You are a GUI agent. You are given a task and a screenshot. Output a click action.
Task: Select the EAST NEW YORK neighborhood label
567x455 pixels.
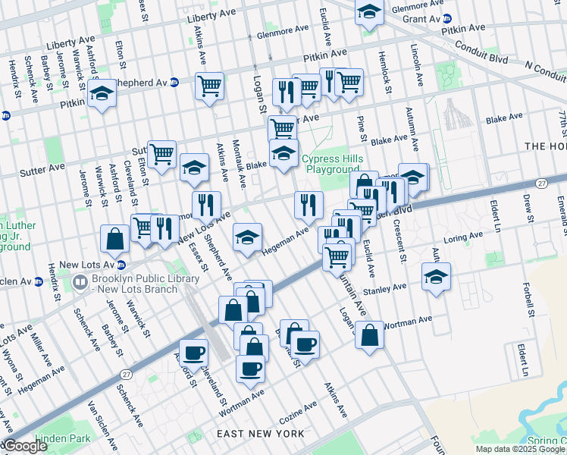tap(260, 434)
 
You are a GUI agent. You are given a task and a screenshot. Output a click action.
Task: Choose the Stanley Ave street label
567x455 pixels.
tap(384, 287)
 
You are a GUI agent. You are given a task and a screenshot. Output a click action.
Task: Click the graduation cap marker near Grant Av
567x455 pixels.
tap(369, 12)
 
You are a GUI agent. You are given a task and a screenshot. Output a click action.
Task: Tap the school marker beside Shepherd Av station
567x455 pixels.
tap(102, 94)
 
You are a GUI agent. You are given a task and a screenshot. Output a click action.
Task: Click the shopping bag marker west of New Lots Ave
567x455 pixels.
tap(114, 239)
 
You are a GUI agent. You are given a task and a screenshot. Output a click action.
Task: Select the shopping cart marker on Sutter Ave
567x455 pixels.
tap(161, 155)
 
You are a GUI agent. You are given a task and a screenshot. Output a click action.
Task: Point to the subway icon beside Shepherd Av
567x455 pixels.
tap(174, 83)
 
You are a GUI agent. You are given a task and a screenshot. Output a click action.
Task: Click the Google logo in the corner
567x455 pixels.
tap(24, 446)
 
